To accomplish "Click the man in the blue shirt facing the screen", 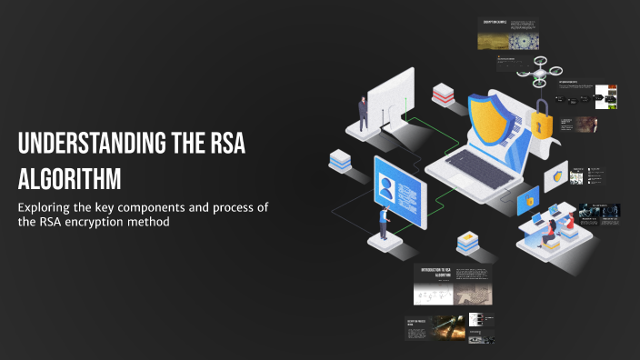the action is (x=385, y=223).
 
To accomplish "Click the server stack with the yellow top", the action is (x=467, y=241).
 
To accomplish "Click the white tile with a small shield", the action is (x=555, y=174).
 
